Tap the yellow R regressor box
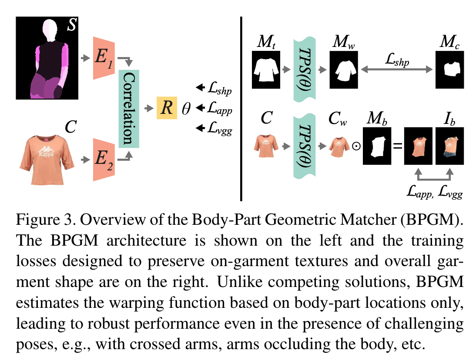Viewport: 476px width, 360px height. pyautogui.click(x=167, y=107)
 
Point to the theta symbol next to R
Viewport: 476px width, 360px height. pyautogui.click(x=186, y=108)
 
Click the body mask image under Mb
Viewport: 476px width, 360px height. pyautogui.click(x=377, y=146)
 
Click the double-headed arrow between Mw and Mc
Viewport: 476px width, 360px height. pyautogui.click(x=397, y=68)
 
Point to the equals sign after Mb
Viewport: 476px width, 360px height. pyautogui.click(x=397, y=147)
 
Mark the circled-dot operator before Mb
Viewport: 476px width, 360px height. pyautogui.click(x=356, y=147)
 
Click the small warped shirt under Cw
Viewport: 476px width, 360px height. pyautogui.click(x=339, y=147)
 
